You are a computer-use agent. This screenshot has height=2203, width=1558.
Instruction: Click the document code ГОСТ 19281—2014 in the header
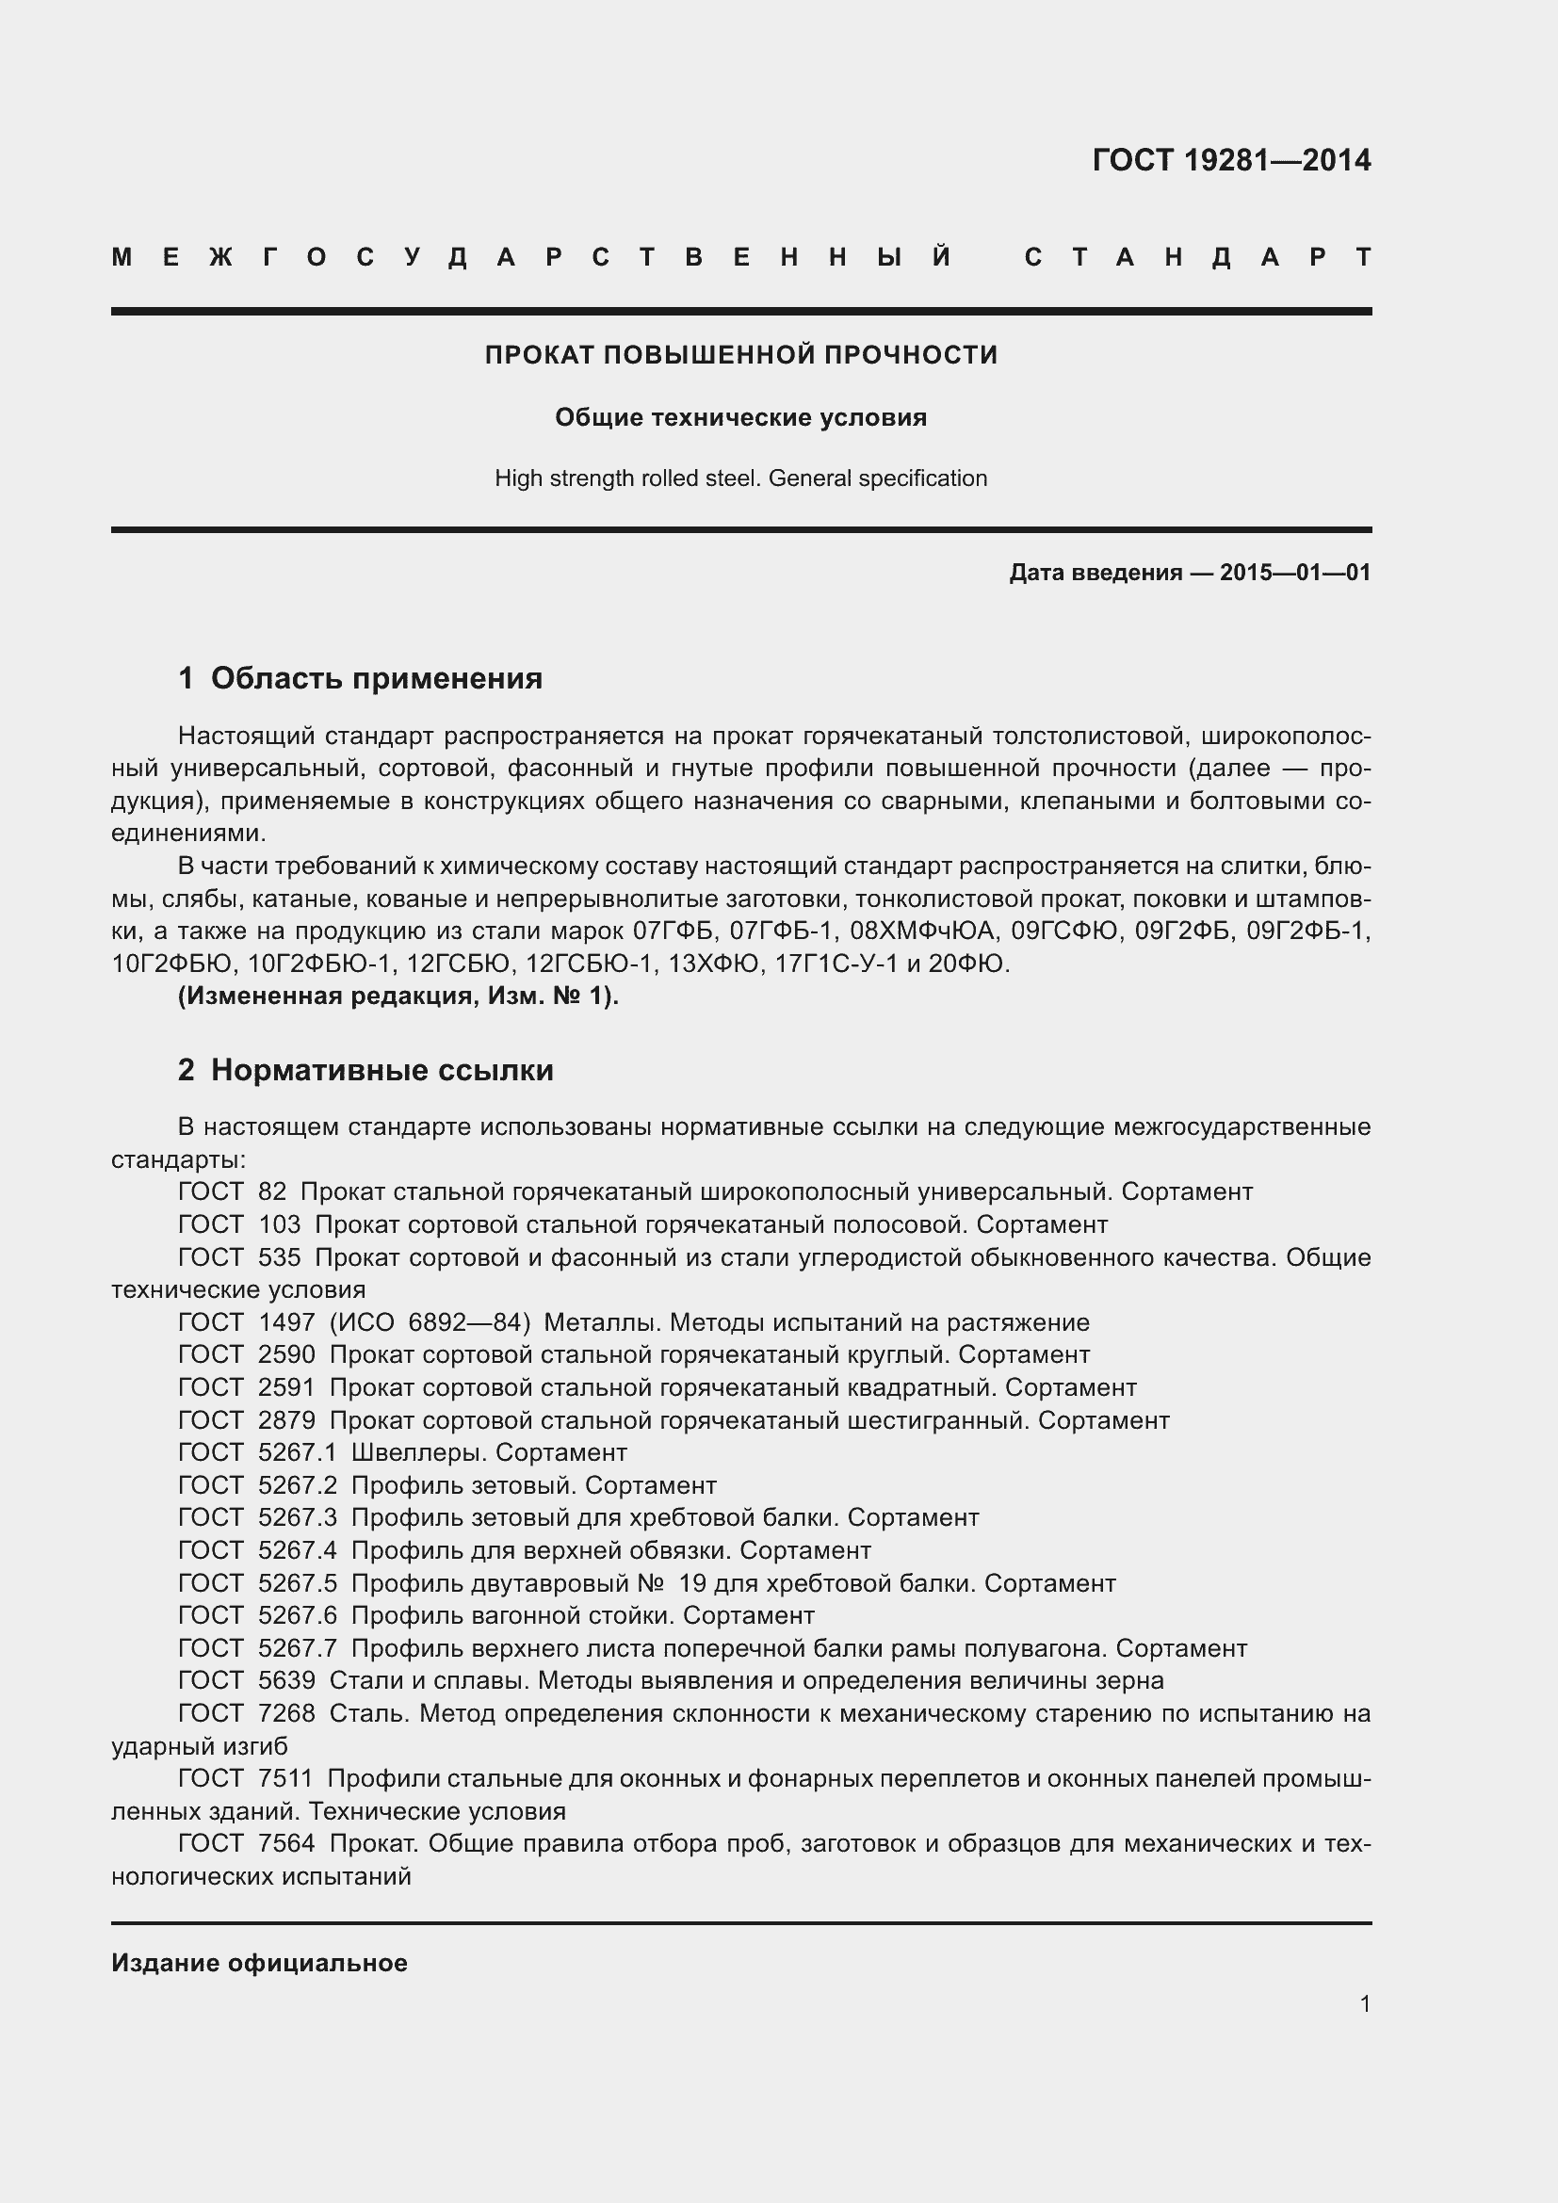(x=1231, y=160)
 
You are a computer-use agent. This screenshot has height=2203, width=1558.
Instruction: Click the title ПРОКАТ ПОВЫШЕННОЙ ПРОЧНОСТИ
(x=740, y=355)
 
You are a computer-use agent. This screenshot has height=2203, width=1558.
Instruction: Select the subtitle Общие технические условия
(x=740, y=417)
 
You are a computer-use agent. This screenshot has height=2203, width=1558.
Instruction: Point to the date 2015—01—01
(x=1294, y=573)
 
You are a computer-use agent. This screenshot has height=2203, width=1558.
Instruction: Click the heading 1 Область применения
(x=360, y=678)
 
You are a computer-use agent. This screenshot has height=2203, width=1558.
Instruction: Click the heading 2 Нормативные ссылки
(x=365, y=1070)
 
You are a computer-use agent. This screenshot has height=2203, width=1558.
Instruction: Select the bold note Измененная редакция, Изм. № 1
(x=398, y=996)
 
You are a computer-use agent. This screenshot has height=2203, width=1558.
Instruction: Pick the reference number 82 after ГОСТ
(x=272, y=1191)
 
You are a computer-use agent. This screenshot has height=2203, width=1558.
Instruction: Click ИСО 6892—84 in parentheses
(x=430, y=1322)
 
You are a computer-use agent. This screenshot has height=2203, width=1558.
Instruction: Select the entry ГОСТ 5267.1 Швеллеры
(x=403, y=1452)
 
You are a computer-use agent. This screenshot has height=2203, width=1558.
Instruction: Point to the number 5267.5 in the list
(x=298, y=1583)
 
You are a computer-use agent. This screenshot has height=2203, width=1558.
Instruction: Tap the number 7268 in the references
(x=286, y=1713)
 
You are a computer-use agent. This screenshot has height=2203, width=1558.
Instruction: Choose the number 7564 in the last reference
(x=286, y=1844)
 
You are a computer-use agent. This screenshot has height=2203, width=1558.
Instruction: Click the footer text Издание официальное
(x=259, y=1963)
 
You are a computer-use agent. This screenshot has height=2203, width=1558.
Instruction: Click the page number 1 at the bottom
(x=1365, y=2003)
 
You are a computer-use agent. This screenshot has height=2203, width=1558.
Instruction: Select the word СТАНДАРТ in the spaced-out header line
(x=1197, y=257)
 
